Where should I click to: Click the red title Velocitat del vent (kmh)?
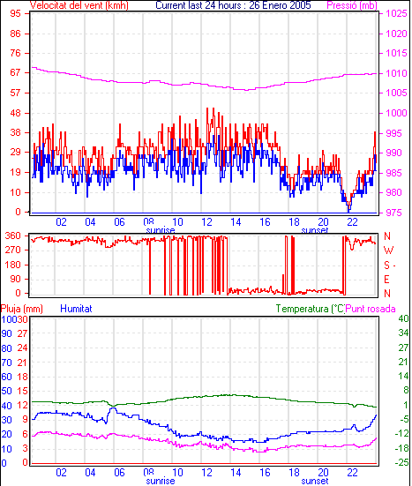click(79, 5)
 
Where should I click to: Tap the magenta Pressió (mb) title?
click(352, 5)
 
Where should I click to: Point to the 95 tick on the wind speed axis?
click(15, 13)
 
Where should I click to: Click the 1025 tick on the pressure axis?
click(396, 13)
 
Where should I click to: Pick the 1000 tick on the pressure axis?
click(396, 113)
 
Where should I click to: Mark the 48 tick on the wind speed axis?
click(15, 113)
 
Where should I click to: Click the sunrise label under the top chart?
click(161, 230)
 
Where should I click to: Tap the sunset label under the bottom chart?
click(315, 481)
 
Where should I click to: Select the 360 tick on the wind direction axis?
click(12, 236)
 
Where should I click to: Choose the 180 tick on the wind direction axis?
click(12, 265)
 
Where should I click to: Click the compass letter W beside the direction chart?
click(388, 250)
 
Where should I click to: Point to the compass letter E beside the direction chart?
click(386, 280)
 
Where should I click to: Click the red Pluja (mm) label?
click(22, 309)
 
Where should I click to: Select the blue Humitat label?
click(76, 309)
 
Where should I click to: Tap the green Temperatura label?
click(311, 309)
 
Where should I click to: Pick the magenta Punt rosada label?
click(371, 309)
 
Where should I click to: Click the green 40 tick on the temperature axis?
click(403, 318)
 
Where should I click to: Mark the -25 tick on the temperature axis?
click(401, 463)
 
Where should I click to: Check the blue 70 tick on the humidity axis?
click(6, 363)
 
